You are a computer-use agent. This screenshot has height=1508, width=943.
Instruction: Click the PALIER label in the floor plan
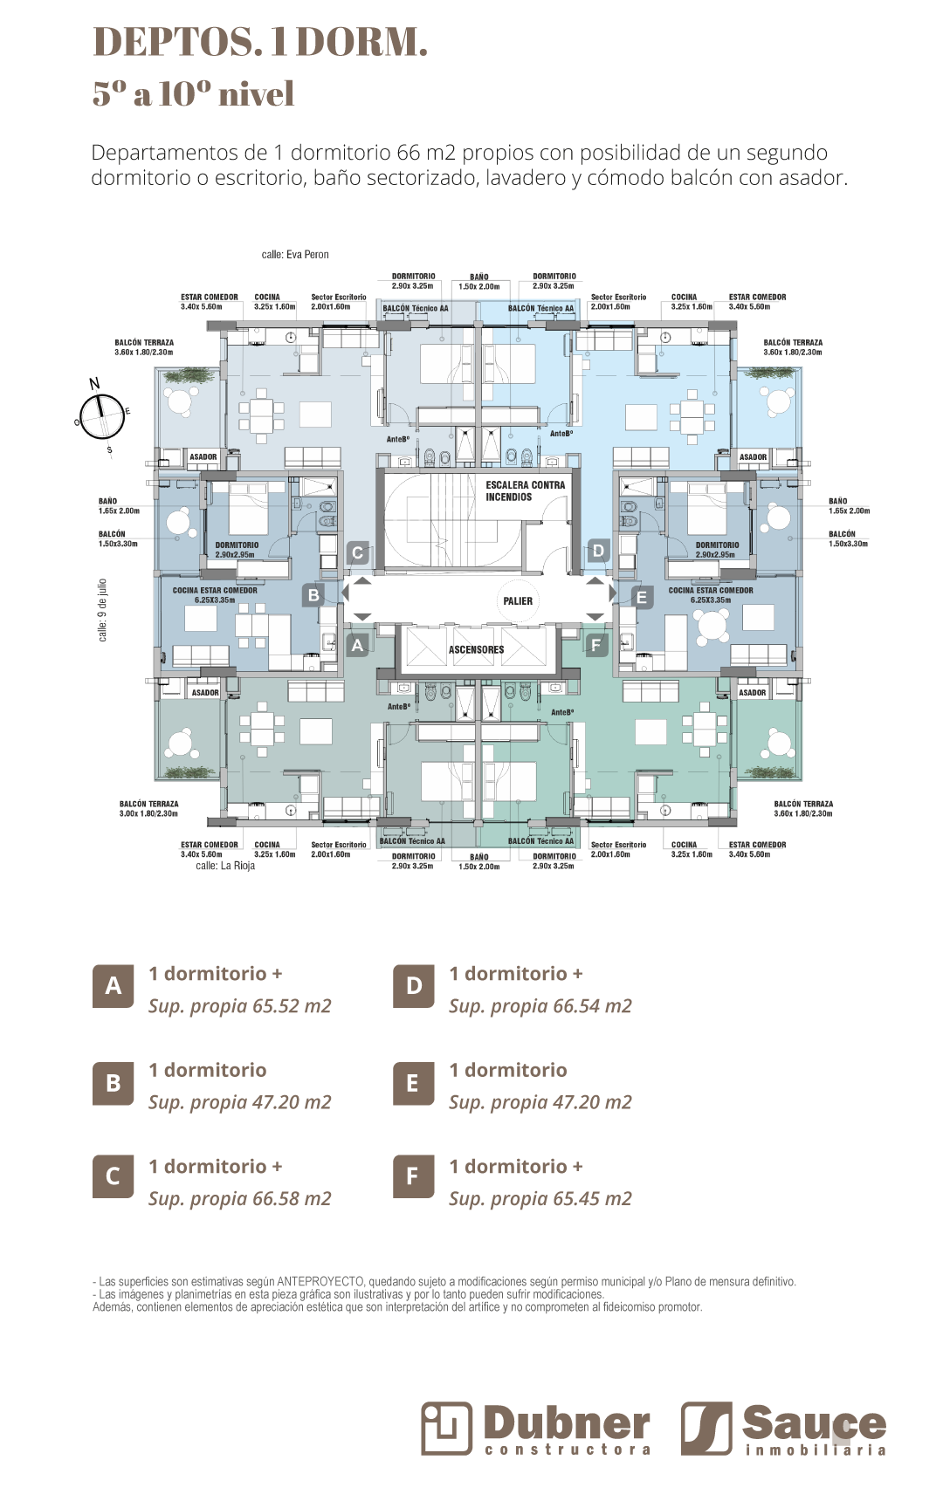pyautogui.click(x=518, y=601)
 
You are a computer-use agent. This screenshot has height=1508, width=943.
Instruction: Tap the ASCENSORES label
pyautogui.click(x=476, y=650)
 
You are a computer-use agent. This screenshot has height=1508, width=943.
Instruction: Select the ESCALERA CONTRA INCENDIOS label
pyautogui.click(x=525, y=491)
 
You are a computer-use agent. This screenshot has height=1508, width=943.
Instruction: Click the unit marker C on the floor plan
pyautogui.click(x=357, y=552)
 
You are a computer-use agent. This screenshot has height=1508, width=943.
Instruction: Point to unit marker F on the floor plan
pyautogui.click(x=596, y=646)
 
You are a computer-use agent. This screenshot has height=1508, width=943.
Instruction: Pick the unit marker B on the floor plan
pyautogui.click(x=313, y=595)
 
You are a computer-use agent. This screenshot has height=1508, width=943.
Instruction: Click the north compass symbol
pyautogui.click(x=102, y=416)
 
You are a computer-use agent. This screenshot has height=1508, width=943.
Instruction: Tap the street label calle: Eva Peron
pyautogui.click(x=295, y=255)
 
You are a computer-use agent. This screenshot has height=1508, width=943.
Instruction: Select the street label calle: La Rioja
pyautogui.click(x=225, y=866)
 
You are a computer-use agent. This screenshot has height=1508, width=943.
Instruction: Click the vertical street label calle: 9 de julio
pyautogui.click(x=102, y=610)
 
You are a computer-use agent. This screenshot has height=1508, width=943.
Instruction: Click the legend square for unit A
pyautogui.click(x=114, y=986)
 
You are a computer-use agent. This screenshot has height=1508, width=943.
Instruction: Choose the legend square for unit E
pyautogui.click(x=413, y=1083)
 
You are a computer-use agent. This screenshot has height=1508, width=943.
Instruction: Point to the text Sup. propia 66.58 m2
pyautogui.click(x=239, y=1199)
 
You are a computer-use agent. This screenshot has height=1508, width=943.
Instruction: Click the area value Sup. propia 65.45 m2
pyautogui.click(x=540, y=1199)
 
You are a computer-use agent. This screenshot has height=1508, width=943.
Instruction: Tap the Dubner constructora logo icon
pyautogui.click(x=447, y=1428)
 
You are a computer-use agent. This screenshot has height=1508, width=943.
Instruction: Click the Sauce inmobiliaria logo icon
pyautogui.click(x=706, y=1428)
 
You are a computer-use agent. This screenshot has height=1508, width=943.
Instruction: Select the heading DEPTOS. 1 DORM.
pyautogui.click(x=260, y=42)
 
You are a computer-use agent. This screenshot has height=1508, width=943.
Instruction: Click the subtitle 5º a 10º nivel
pyautogui.click(x=193, y=94)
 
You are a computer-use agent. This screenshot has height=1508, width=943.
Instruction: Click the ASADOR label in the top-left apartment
pyautogui.click(x=203, y=457)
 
